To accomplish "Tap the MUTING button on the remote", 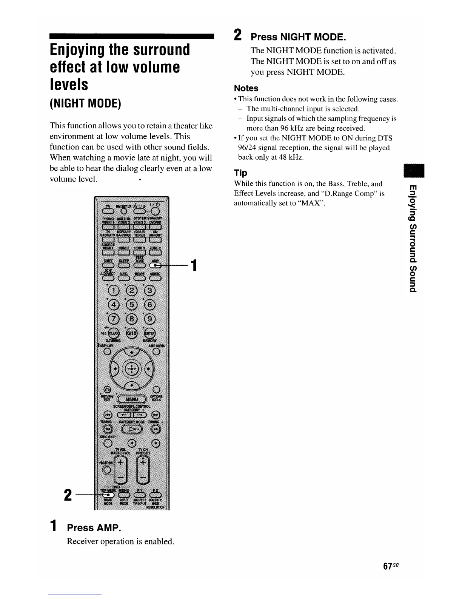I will [107, 470].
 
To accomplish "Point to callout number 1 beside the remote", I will [193, 265].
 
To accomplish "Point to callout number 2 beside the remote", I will [68, 495].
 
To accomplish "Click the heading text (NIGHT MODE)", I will [85, 103].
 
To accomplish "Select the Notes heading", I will [246, 88].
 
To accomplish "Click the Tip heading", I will [240, 173].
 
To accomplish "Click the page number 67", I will [387, 566].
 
